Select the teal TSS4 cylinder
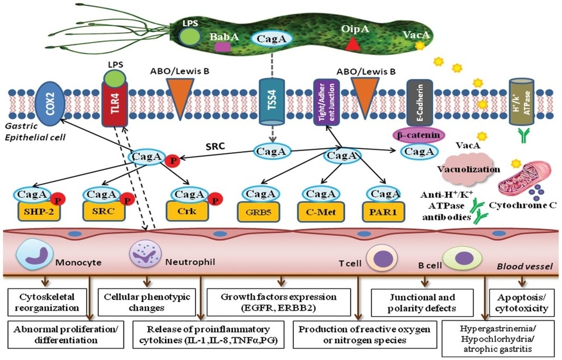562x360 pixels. pyautogui.click(x=270, y=101)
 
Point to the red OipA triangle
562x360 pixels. pyautogui.click(x=352, y=43)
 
